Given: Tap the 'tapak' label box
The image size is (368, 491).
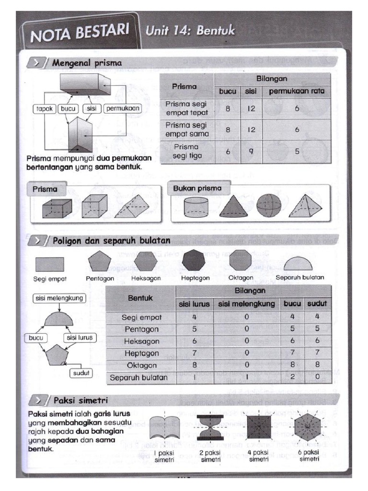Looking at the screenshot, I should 45,108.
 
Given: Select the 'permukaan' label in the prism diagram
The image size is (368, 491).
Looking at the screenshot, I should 122,108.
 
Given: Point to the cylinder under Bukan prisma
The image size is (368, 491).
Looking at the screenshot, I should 197,207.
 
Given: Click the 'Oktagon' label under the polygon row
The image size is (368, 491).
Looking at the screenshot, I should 240,278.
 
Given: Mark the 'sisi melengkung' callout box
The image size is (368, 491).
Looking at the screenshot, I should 59,298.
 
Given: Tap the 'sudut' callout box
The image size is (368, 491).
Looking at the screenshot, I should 82,373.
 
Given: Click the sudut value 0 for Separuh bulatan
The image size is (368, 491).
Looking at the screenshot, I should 316,377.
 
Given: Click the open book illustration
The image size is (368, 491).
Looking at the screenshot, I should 164,427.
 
